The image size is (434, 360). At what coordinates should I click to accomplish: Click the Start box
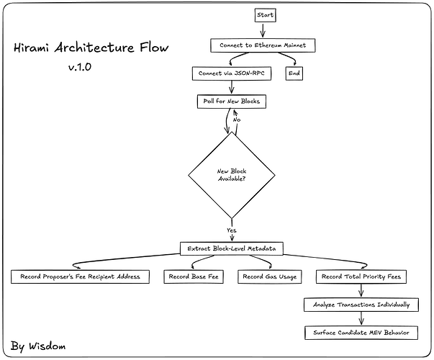(x=264, y=14)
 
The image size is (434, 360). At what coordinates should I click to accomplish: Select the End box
(x=294, y=73)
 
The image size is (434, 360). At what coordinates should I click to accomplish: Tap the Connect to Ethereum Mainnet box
(x=263, y=45)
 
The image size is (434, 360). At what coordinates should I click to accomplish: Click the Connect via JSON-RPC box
(x=229, y=73)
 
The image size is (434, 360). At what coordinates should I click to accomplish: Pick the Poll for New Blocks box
(x=231, y=102)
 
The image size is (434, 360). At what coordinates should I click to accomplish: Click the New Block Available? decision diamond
(x=231, y=175)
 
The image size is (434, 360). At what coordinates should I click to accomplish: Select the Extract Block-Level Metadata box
(x=231, y=248)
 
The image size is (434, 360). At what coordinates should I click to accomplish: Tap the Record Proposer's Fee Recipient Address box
(x=81, y=276)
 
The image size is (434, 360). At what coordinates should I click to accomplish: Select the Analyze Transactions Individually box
(x=361, y=305)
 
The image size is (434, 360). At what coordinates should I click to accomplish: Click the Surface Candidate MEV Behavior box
(x=361, y=333)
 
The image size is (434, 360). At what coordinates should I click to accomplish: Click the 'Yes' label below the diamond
(x=231, y=230)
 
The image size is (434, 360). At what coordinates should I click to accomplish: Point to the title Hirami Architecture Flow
(x=91, y=49)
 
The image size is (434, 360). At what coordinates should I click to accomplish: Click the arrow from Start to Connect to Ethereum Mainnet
(x=263, y=30)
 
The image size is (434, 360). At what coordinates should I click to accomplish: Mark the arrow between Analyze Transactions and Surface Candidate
(x=361, y=319)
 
